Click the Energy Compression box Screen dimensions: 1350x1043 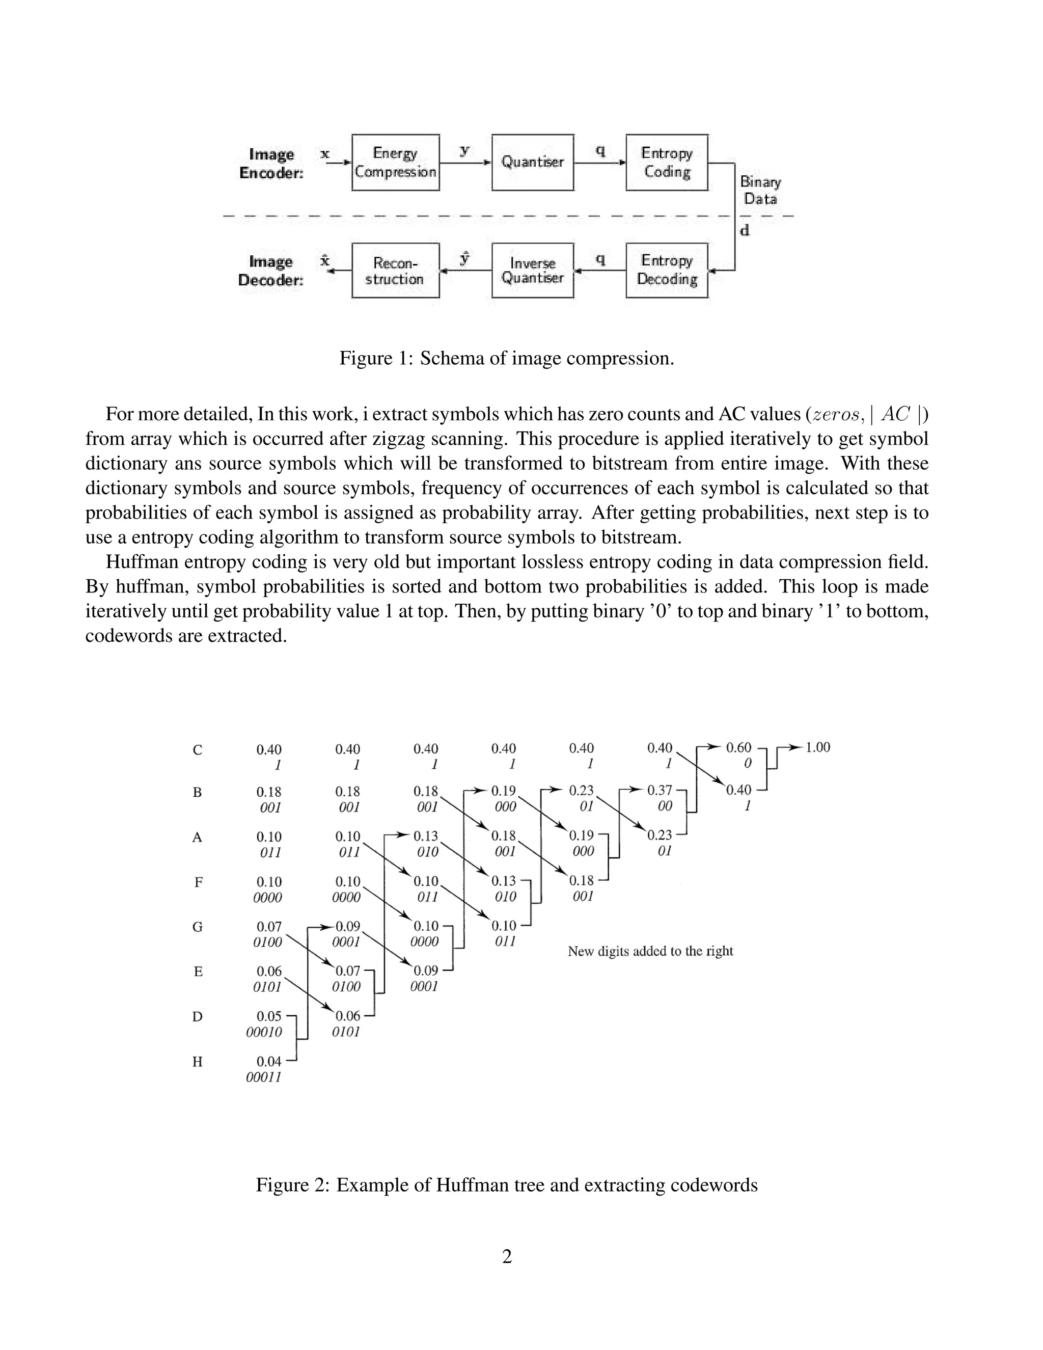pyautogui.click(x=395, y=162)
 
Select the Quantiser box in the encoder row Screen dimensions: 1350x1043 pyautogui.click(x=532, y=162)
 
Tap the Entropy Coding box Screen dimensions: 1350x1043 pyautogui.click(x=666, y=162)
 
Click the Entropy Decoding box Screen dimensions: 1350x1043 pyautogui.click(x=666, y=270)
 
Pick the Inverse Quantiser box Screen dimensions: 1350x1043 pyautogui.click(x=532, y=270)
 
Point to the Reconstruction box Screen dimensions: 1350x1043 pyautogui.click(x=395, y=270)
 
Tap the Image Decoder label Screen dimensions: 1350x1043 pyautogui.click(x=270, y=271)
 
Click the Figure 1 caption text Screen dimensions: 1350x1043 pyautogui.click(x=506, y=359)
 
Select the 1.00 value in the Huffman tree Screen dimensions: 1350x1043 pyautogui.click(x=817, y=747)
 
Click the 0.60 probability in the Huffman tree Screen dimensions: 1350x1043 pyautogui.click(x=738, y=748)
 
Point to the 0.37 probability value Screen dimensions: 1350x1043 pyautogui.click(x=660, y=791)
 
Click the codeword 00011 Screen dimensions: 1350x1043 pyautogui.click(x=264, y=1077)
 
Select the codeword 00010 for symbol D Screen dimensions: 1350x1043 pyautogui.click(x=264, y=1032)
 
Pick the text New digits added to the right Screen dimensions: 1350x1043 pyautogui.click(x=650, y=951)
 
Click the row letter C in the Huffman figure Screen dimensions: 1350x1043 pyautogui.click(x=197, y=750)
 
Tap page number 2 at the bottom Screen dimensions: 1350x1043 pyautogui.click(x=507, y=1257)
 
